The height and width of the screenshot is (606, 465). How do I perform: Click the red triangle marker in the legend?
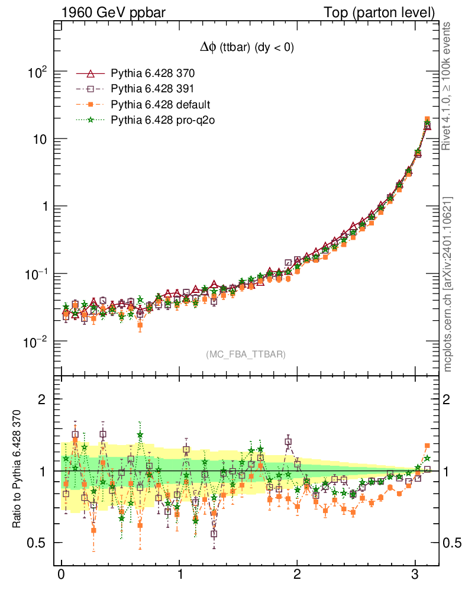click(91, 74)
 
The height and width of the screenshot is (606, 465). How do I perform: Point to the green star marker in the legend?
click(91, 120)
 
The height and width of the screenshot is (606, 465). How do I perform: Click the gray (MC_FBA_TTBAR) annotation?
click(246, 354)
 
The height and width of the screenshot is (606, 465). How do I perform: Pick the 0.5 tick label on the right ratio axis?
click(451, 543)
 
